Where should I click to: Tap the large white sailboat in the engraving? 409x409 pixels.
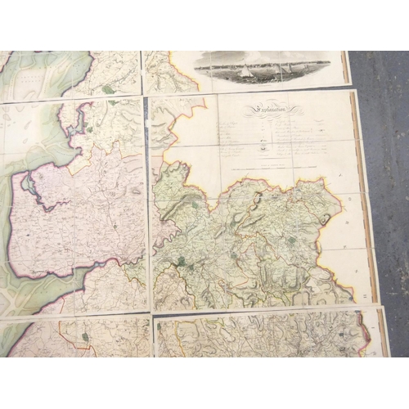pyautogui.click(x=245, y=72)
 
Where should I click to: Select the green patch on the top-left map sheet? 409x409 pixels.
pyautogui.click(x=108, y=88)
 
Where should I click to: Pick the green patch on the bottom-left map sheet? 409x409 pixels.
pyautogui.click(x=86, y=336)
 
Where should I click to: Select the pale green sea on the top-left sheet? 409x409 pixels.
pyautogui.click(x=33, y=74)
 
